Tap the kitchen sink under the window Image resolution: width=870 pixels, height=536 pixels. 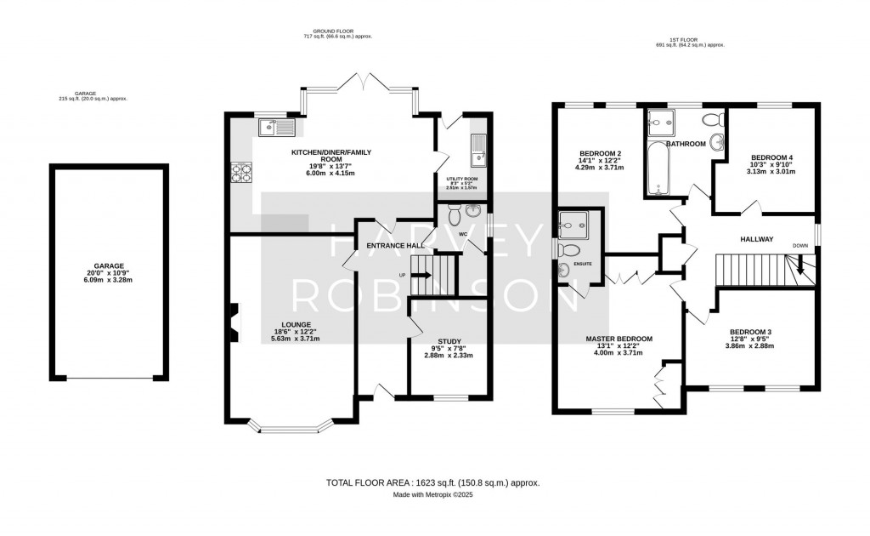[277, 128]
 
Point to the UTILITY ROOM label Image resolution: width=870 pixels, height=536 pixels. [462, 180]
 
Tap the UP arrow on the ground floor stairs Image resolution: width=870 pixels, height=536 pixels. [421, 275]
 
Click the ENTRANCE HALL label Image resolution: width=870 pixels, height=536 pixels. [395, 246]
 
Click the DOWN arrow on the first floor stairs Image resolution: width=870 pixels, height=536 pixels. [800, 268]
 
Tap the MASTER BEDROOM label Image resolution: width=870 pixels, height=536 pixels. [619, 339]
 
